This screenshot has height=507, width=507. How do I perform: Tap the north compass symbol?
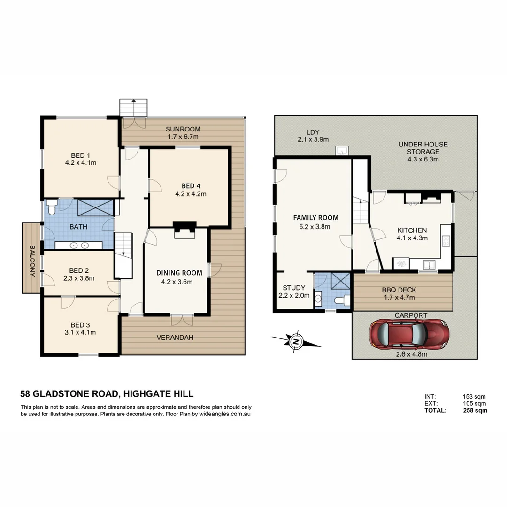(x=296, y=342)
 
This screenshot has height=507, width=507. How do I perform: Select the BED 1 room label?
(x=80, y=155)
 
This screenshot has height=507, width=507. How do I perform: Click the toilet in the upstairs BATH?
(x=52, y=207)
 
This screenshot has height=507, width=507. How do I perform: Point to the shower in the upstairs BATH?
(x=95, y=207)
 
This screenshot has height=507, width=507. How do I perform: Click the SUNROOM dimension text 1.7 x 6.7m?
(x=183, y=137)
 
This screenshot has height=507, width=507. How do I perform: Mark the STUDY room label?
(x=294, y=288)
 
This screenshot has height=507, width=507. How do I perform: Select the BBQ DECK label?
(x=399, y=290)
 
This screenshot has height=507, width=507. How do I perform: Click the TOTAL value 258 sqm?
(x=474, y=410)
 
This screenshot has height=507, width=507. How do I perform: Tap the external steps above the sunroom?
(x=134, y=107)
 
